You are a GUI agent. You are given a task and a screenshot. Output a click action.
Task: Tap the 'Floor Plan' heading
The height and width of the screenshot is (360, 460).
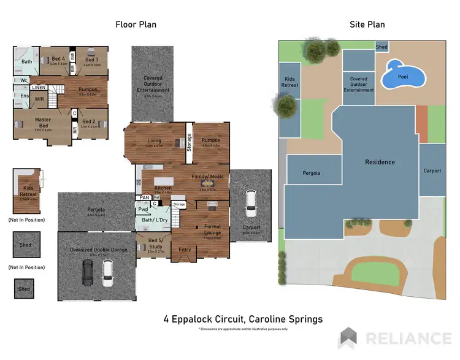136,25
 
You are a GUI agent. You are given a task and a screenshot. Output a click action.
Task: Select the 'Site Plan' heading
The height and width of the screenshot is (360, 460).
367,25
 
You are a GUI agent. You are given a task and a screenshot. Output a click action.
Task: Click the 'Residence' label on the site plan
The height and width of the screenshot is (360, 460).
380,162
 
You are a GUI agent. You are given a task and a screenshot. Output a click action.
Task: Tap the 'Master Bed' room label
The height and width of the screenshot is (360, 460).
35,122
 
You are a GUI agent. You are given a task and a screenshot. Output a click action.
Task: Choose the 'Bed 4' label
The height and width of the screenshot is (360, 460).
58,59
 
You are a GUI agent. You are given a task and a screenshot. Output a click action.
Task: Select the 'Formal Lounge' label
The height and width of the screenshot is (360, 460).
212,229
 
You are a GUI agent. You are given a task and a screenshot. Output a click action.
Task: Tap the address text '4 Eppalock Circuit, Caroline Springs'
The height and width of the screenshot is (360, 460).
243,319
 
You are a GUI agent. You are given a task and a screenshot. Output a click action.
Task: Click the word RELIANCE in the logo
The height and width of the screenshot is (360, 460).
408,338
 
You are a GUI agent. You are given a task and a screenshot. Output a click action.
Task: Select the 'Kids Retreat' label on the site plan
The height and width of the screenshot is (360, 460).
289,82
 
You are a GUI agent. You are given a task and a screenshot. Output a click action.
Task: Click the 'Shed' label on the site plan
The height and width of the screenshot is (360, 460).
381,47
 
